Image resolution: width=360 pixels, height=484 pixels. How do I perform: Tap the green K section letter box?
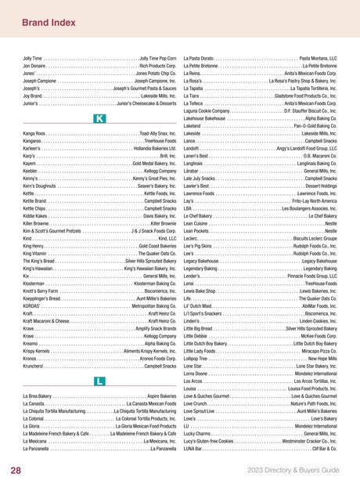(99, 118)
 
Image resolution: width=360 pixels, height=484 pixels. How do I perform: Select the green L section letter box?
(99, 381)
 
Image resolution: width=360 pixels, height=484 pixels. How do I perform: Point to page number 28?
(16, 471)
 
